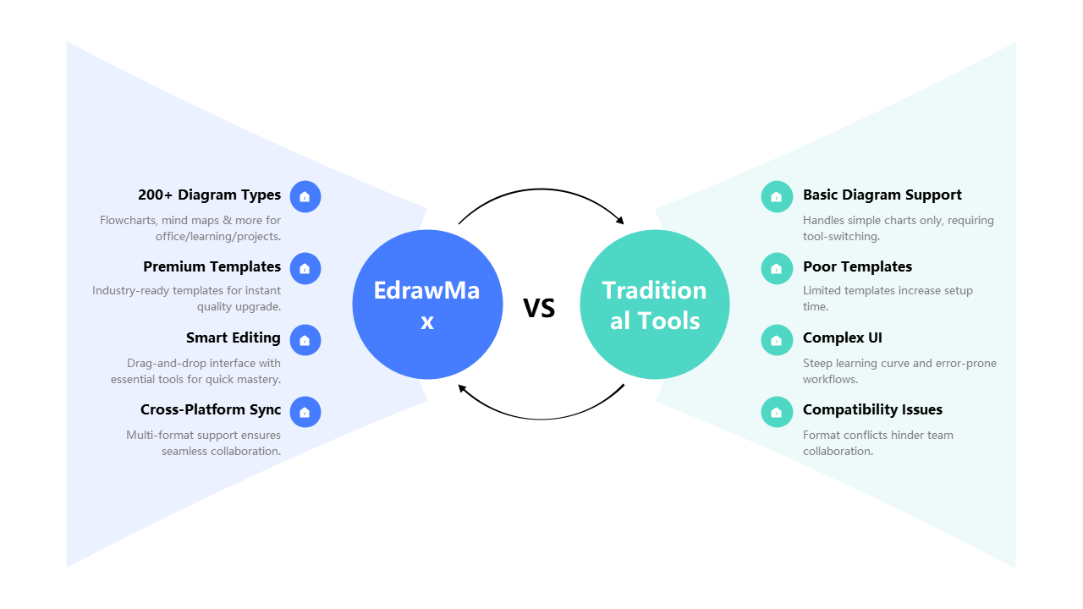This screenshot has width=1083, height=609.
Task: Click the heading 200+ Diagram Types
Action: click(209, 195)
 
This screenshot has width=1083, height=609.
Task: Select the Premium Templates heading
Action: click(212, 267)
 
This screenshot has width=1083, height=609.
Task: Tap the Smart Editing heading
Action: click(233, 338)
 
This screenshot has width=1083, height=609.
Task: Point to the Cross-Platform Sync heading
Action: click(211, 410)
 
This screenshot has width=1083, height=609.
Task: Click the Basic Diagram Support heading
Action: click(882, 195)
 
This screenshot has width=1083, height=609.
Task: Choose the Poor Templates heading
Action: click(857, 267)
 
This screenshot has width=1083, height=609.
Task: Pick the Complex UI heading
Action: click(842, 338)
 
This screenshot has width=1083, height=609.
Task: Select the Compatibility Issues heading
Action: click(872, 410)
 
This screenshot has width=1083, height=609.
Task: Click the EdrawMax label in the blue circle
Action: click(427, 305)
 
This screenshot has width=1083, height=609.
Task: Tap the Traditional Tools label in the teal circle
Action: click(655, 305)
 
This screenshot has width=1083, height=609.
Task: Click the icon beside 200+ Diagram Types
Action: click(305, 197)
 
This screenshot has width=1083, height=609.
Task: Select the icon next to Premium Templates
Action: click(305, 269)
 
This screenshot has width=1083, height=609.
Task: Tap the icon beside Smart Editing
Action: click(305, 341)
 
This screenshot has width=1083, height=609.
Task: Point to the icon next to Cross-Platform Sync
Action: click(305, 413)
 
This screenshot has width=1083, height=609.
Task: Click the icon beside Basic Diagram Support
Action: click(776, 197)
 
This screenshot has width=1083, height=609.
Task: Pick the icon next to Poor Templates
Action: click(776, 269)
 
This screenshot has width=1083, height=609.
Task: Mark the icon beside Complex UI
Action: click(776, 341)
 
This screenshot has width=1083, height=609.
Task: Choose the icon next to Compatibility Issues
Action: click(776, 413)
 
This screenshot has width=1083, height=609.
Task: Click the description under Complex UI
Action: click(899, 371)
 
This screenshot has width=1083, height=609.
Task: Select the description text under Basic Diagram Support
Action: click(898, 228)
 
